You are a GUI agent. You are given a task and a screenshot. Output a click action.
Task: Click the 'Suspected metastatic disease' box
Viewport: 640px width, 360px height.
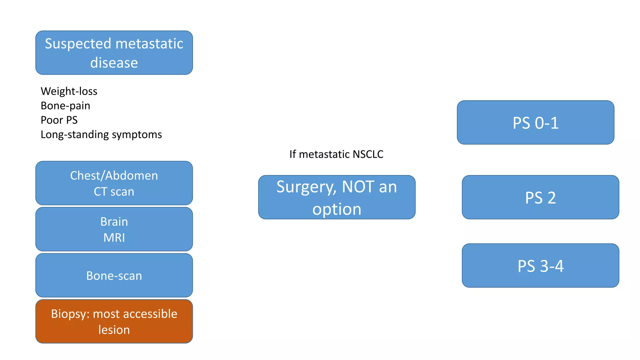tap(114, 52)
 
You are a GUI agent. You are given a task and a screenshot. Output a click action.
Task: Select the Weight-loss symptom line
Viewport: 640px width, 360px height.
tap(69, 91)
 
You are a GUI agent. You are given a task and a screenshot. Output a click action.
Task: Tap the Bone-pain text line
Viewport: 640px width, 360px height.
tap(65, 106)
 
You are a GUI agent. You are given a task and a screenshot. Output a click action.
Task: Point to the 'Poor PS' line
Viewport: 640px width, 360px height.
tap(59, 120)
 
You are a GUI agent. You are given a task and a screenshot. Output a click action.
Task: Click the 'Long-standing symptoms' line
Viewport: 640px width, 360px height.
tap(101, 134)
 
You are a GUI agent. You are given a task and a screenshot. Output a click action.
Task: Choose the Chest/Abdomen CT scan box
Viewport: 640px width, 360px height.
tap(114, 183)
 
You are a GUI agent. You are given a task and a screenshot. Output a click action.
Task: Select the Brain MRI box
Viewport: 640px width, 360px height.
tap(114, 229)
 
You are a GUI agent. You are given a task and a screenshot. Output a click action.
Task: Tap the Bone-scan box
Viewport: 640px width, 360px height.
tap(114, 275)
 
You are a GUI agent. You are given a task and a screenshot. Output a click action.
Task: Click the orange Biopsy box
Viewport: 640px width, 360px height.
tap(114, 321)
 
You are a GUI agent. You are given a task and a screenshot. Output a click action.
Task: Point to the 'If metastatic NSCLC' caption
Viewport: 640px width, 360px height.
tap(336, 154)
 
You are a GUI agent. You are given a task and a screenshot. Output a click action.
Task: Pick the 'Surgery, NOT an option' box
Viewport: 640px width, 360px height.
tap(337, 197)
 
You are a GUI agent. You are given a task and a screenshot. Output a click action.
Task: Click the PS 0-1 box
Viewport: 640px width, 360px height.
tap(535, 122)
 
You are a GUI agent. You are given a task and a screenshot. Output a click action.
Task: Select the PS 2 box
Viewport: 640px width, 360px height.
tap(540, 197)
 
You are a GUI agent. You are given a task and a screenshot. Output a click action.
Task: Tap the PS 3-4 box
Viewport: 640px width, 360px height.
tap(540, 266)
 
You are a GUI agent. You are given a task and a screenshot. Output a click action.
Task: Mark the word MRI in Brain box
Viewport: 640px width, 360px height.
tap(114, 237)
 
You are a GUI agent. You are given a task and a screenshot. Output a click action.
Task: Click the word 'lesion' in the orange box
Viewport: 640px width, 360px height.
tap(114, 330)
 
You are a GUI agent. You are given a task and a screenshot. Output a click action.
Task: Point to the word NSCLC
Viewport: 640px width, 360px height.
tap(368, 154)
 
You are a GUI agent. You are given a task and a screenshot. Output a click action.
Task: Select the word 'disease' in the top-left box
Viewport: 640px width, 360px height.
tap(114, 63)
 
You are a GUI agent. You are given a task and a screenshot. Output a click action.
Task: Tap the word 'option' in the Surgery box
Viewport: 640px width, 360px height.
tap(337, 209)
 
